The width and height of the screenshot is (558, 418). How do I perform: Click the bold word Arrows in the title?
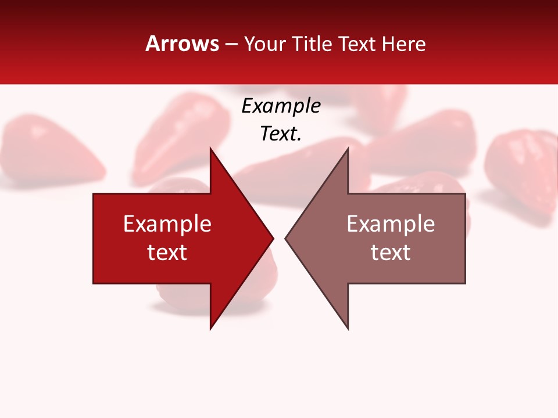[182, 44]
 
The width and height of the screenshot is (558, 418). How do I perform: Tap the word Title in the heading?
[313, 44]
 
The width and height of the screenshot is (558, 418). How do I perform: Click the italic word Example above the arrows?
[281, 106]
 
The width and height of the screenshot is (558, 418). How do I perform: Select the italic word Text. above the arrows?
[281, 134]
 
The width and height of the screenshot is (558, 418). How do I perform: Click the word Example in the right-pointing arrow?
[167, 224]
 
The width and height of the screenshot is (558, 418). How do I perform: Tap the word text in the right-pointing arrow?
[167, 252]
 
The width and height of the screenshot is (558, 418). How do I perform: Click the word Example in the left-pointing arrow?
[391, 224]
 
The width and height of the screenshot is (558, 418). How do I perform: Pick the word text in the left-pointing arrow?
[391, 252]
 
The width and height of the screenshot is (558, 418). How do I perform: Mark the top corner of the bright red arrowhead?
[210, 149]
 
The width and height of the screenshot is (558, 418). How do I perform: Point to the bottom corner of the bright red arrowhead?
[210, 328]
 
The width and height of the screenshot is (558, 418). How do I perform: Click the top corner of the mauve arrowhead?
[348, 149]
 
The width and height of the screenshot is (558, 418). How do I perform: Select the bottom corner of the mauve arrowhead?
[348, 328]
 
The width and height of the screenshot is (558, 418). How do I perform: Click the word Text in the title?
[357, 44]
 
